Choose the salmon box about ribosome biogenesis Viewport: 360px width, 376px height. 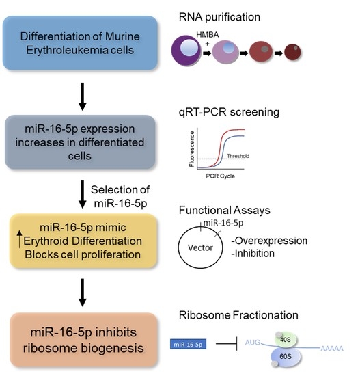80,340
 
